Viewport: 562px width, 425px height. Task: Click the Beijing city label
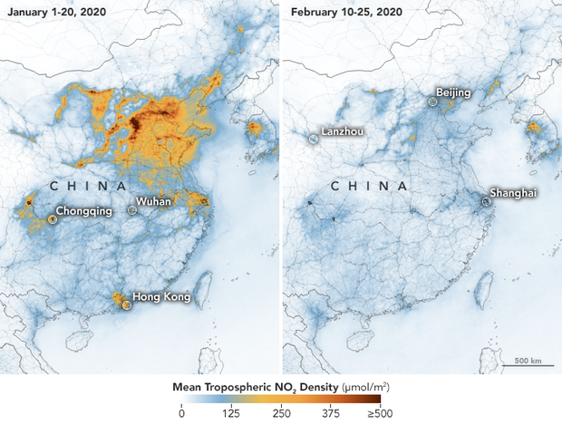(454, 92)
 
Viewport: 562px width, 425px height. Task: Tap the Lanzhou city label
(343, 131)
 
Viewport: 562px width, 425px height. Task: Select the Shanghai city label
(512, 193)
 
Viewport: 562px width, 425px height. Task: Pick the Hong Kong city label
(162, 296)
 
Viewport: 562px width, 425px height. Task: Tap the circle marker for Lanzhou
(313, 139)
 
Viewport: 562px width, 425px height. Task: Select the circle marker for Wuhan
(132, 209)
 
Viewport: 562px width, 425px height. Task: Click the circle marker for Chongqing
(52, 219)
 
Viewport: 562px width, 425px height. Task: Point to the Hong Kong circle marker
(127, 305)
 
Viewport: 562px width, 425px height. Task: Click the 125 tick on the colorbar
(231, 413)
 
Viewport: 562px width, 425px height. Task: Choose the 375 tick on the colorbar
(330, 413)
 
